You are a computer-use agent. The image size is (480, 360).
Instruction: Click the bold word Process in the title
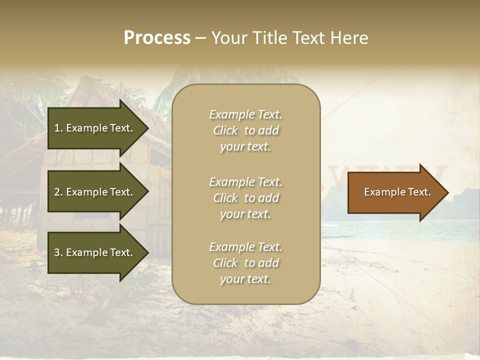point(157,38)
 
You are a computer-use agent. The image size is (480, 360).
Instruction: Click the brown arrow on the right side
point(395,192)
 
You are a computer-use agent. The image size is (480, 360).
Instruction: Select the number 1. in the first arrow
point(58,128)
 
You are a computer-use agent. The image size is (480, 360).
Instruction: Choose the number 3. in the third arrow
point(58,252)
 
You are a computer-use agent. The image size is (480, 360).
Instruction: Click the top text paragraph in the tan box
point(245,130)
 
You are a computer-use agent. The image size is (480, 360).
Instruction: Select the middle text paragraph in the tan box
point(245,198)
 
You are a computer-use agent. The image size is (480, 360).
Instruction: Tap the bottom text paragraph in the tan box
point(245,263)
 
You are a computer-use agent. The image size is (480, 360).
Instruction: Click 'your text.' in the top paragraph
point(245,147)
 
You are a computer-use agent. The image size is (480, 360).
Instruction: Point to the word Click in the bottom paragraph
point(225,263)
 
